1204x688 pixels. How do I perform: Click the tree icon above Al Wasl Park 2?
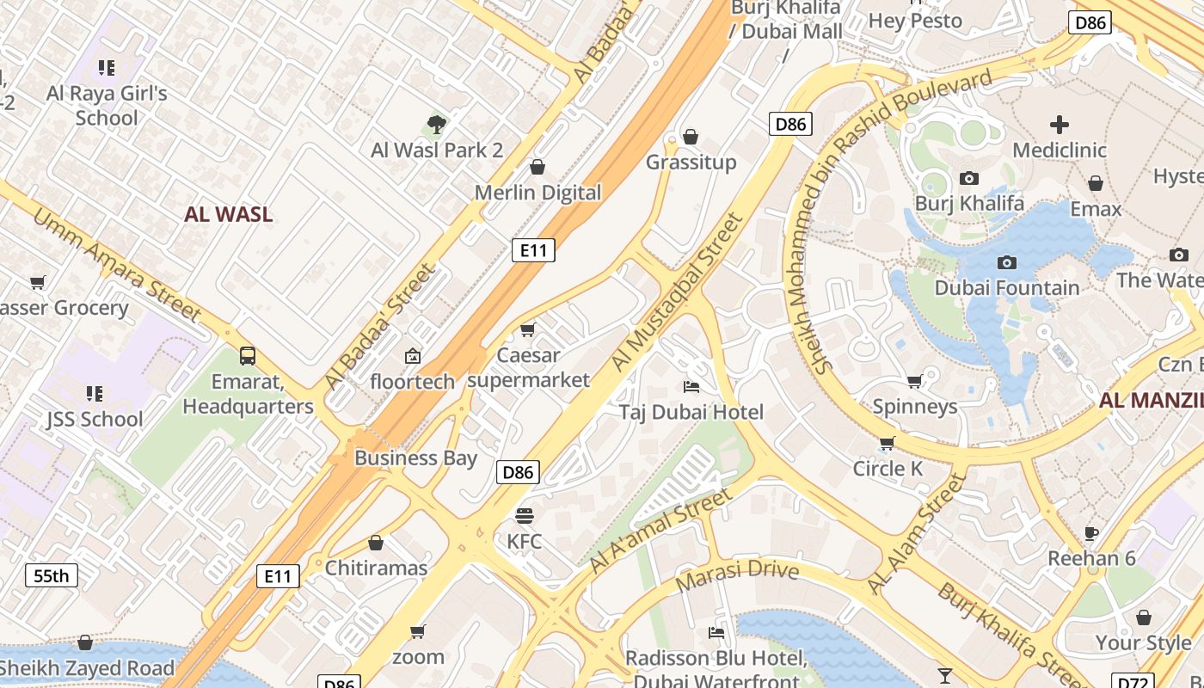[x=437, y=125]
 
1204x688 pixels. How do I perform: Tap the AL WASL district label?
[x=228, y=214]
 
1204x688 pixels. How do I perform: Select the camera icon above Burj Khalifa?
[x=969, y=178]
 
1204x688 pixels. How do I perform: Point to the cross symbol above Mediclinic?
[x=1060, y=125]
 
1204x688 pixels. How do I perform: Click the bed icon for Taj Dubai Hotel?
[x=691, y=387]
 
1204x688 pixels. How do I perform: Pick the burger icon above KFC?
[x=524, y=516]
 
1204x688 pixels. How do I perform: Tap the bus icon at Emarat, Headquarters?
[x=248, y=355]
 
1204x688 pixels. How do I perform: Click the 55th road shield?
[x=52, y=575]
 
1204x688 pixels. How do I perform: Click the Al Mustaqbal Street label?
[x=676, y=292]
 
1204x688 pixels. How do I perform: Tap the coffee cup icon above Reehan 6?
[x=1091, y=533]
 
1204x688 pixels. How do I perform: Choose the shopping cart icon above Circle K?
[x=887, y=444]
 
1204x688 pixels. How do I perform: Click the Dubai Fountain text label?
[x=1006, y=288]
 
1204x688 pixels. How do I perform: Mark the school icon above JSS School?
[x=95, y=394]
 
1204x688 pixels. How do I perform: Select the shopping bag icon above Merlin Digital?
[x=537, y=167]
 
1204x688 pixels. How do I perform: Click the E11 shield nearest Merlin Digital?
[x=533, y=250]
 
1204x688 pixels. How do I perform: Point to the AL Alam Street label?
[x=917, y=533]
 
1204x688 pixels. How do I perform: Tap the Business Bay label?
[x=415, y=458]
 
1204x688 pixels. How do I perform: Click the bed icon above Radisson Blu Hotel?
[x=716, y=633]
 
